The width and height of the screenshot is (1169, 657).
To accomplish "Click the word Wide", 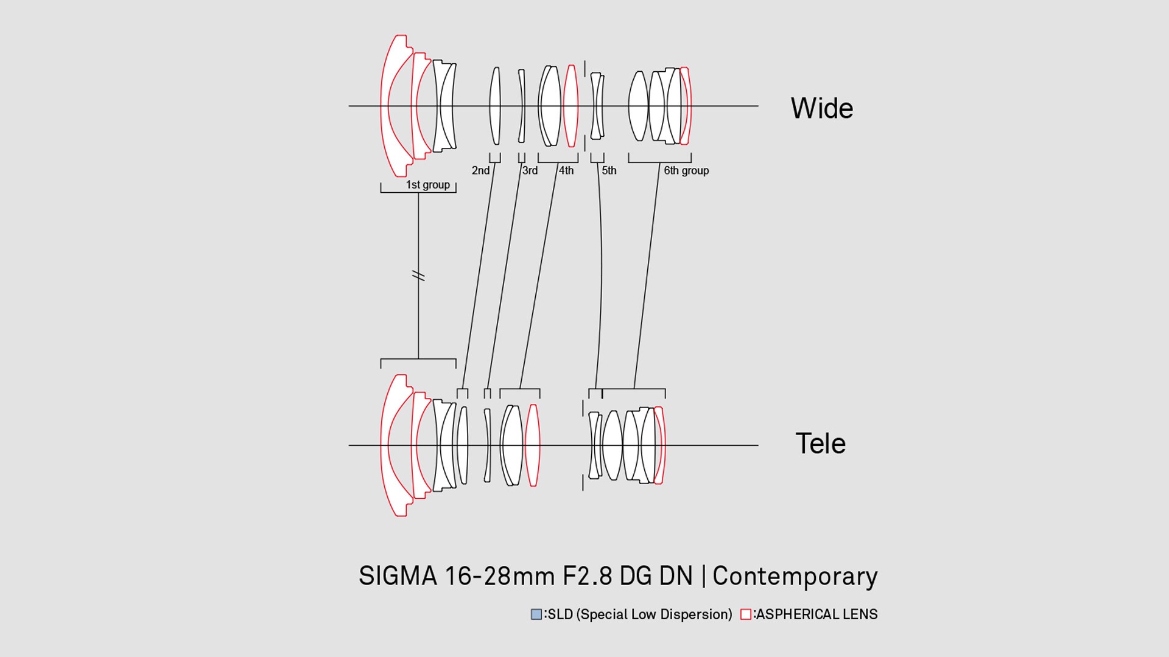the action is pos(822,108).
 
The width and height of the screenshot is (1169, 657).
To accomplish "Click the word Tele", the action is pos(821,443).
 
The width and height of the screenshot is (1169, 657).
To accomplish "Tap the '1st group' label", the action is pos(428,184).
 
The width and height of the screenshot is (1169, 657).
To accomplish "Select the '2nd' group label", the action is pos(480,170).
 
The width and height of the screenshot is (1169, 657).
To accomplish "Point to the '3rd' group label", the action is pos(530,170).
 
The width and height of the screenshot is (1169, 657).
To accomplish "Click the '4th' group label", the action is pos(566,170).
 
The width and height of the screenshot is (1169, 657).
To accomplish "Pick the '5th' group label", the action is pos(609,170).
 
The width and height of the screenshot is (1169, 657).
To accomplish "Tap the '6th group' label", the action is pos(686,170).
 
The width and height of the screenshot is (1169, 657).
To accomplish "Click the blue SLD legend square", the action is pos(536,614).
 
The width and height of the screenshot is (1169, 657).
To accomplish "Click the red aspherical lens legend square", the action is pos(746,614).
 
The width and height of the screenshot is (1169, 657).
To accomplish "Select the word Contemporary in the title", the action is pos(795,576).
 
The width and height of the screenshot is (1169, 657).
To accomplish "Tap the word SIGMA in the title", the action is pos(398,576).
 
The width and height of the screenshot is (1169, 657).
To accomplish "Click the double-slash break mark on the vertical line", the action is pos(418,276).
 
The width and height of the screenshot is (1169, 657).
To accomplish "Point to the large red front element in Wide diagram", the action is pos(385,106).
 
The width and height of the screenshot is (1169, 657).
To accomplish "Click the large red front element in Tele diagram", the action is pos(385,445).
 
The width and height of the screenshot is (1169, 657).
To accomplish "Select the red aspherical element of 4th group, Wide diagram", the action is pos(570,106).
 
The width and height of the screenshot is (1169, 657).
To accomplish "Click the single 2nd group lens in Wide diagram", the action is pos(495,106).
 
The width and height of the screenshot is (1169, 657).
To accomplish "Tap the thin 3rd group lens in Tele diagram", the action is pos(487,445).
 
